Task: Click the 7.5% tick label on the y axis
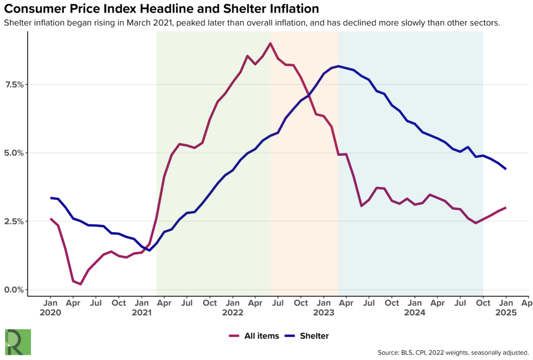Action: point(14,84)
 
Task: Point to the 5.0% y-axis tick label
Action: point(14,153)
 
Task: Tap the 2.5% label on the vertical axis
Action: point(14,221)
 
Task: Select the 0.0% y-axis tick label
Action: point(14,290)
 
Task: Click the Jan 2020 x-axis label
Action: point(50,307)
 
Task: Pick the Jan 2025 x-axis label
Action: point(506,307)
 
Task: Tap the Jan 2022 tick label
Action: point(233,307)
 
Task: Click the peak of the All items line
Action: point(270,43)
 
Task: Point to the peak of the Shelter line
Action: point(338,66)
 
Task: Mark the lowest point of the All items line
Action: point(81,284)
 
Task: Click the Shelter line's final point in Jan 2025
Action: point(505,169)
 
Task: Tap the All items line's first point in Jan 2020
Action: point(50,219)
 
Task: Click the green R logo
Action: point(18,342)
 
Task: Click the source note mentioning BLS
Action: point(453,353)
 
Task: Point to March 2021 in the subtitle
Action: point(150,23)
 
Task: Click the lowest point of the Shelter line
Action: point(149,250)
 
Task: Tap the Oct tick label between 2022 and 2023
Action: point(301,303)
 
